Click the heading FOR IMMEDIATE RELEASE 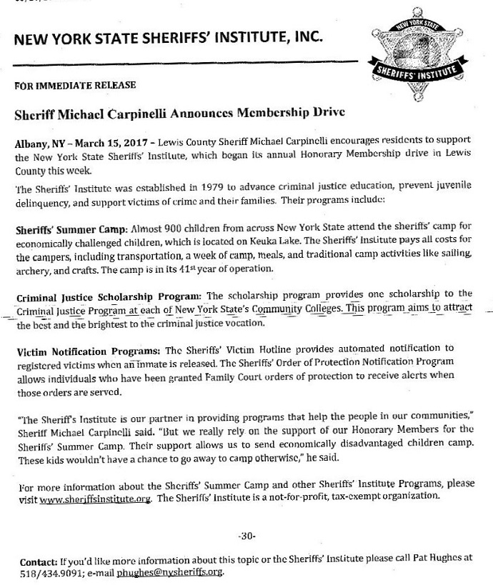[75, 86]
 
